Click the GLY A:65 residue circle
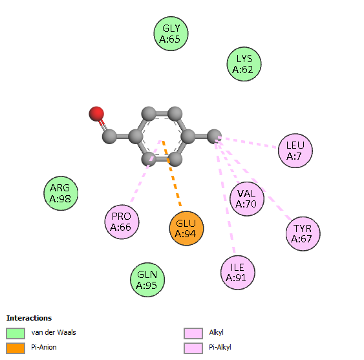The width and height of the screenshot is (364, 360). (x=171, y=34)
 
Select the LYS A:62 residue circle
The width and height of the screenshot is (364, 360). (x=244, y=64)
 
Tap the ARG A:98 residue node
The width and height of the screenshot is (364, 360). (x=61, y=193)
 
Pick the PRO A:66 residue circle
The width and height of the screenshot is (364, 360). (x=122, y=222)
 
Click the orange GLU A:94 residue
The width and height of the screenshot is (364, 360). (x=186, y=228)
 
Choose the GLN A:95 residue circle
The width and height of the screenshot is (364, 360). (x=147, y=280)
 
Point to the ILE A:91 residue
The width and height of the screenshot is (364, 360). (x=238, y=273)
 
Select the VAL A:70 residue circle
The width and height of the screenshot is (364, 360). (x=247, y=199)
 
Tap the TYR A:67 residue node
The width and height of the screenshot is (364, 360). (x=303, y=234)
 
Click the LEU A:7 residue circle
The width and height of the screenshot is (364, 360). (x=295, y=151)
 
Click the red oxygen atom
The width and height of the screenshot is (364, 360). (x=96, y=114)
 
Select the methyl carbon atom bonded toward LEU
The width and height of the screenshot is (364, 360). (x=214, y=136)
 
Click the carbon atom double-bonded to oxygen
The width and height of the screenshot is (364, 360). (x=109, y=136)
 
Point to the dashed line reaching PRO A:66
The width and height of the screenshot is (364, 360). (x=145, y=171)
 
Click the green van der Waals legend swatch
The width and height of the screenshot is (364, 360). (x=16, y=334)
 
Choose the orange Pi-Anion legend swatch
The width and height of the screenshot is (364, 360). (x=16, y=348)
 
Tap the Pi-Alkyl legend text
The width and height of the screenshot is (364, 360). (x=220, y=348)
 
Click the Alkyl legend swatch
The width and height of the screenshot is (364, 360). (x=193, y=334)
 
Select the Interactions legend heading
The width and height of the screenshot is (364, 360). (x=29, y=318)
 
